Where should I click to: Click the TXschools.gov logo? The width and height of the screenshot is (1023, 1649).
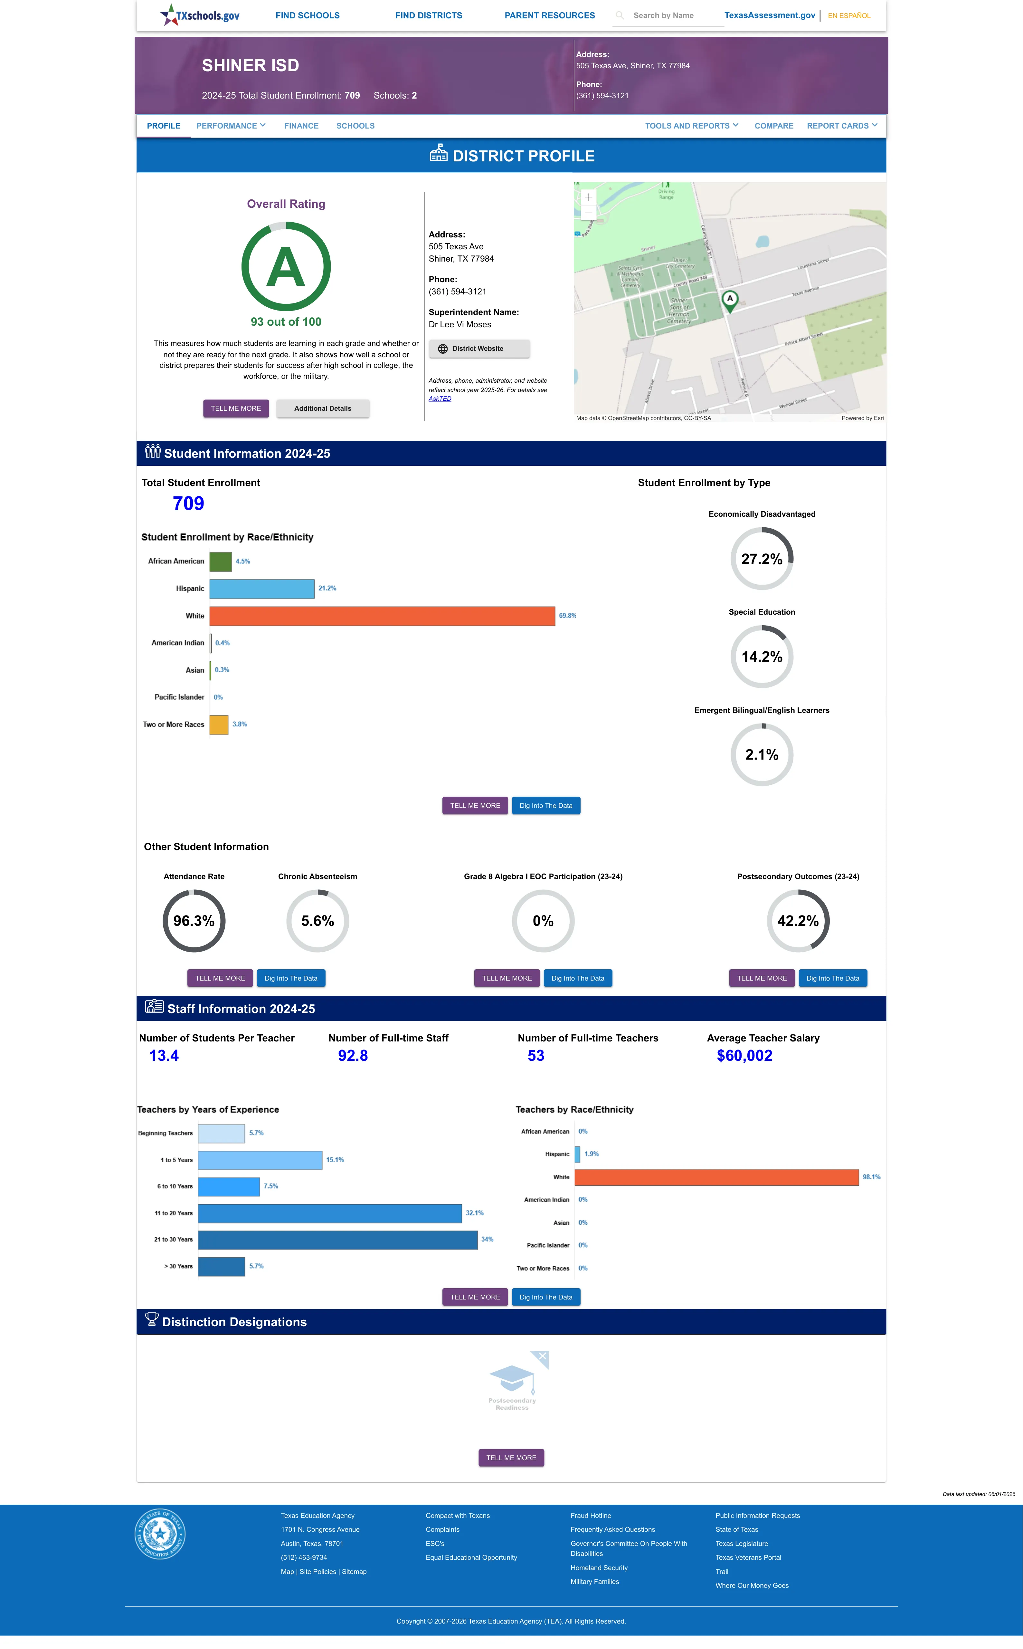click(x=200, y=15)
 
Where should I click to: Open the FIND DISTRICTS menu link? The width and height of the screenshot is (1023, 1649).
click(x=428, y=15)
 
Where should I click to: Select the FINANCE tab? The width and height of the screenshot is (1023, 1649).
click(x=301, y=126)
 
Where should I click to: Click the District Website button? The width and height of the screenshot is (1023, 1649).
click(x=479, y=349)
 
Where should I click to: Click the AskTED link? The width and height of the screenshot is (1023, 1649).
click(x=440, y=398)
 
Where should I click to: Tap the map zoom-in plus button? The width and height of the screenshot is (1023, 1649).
click(x=589, y=197)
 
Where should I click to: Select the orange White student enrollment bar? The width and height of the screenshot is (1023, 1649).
click(x=382, y=616)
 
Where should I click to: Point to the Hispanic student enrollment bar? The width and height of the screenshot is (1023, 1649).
click(x=262, y=589)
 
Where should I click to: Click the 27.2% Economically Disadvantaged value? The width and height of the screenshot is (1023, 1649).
click(x=762, y=559)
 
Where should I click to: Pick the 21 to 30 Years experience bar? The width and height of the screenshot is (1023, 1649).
click(x=337, y=1240)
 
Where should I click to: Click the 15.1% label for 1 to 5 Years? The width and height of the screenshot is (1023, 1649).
click(x=335, y=1160)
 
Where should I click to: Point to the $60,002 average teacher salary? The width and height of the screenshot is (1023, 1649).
click(x=744, y=1056)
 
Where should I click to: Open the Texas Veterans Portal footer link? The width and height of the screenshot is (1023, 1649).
click(x=748, y=1558)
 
